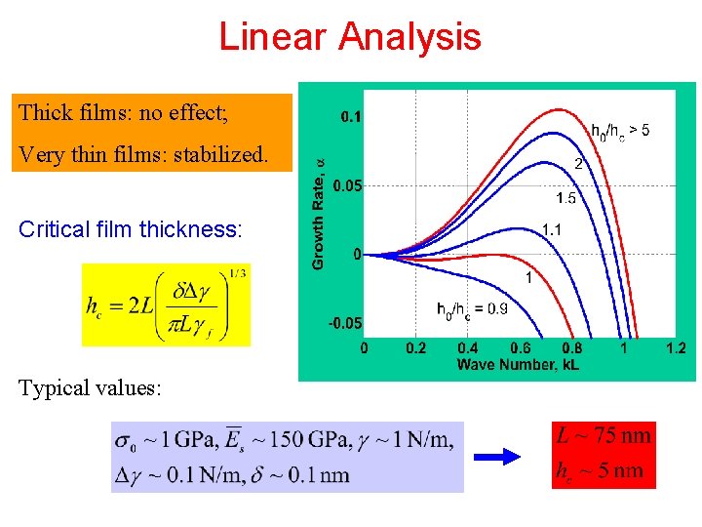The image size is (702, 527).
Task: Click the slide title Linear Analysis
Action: click(350, 37)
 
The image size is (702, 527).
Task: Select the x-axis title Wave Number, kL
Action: click(518, 365)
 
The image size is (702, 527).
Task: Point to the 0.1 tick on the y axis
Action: click(350, 117)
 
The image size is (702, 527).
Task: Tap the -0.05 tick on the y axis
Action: click(344, 323)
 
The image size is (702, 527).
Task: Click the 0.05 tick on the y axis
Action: click(346, 185)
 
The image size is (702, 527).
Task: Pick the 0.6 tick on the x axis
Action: click(520, 348)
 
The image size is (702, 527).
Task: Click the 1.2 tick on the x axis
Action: click(675, 348)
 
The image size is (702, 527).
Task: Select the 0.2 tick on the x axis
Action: click(416, 348)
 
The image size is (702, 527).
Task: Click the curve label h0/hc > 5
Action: click(620, 129)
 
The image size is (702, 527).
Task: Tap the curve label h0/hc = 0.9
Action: click(472, 309)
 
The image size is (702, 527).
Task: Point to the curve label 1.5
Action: click(565, 198)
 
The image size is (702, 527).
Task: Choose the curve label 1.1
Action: click(552, 230)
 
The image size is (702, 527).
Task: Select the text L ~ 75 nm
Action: click(603, 435)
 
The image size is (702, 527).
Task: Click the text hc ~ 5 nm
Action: click(599, 470)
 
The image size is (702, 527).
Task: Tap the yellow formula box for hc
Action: click(166, 304)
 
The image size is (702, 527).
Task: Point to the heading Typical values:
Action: click(89, 388)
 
